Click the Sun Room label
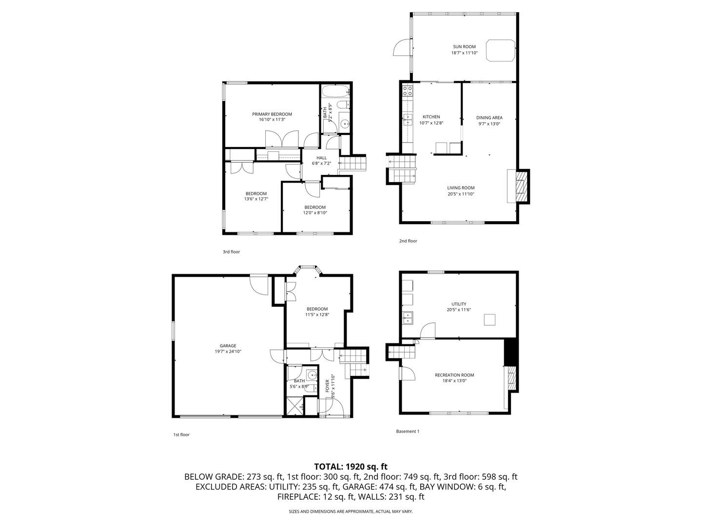(x=464, y=47)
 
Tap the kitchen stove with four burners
(x=407, y=90)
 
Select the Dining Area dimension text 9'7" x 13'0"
(x=489, y=124)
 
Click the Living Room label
(x=461, y=188)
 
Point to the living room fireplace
(x=519, y=186)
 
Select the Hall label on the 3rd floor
(x=321, y=157)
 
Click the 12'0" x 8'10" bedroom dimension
(x=314, y=213)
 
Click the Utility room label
(x=458, y=304)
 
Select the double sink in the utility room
(x=407, y=318)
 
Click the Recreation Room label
(x=454, y=375)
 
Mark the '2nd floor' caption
(x=408, y=241)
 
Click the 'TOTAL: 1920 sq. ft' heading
(x=351, y=467)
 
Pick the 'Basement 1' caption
(x=408, y=431)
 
